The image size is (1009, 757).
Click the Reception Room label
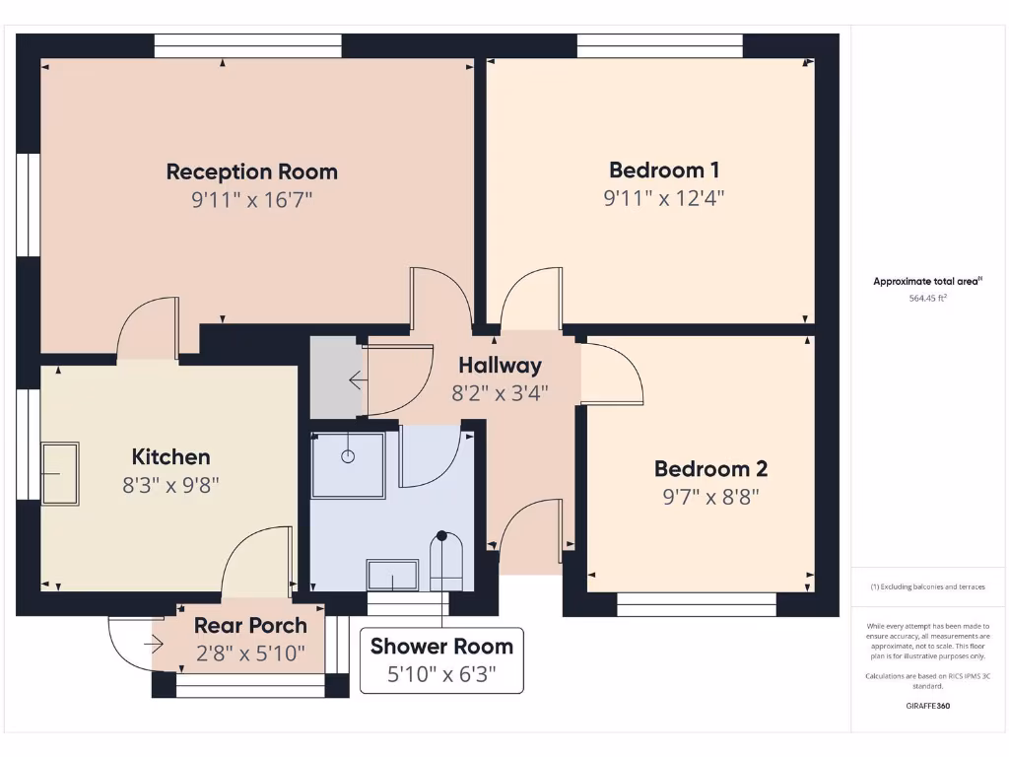click(x=251, y=172)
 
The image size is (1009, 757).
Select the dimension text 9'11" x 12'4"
click(x=663, y=197)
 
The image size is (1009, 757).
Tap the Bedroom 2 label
click(x=710, y=468)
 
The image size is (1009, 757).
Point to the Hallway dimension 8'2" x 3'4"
click(x=500, y=391)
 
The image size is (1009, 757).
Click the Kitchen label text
click(x=170, y=456)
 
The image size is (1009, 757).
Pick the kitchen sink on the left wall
click(x=60, y=474)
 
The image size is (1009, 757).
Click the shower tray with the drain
click(x=348, y=464)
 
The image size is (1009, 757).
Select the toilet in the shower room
click(x=446, y=560)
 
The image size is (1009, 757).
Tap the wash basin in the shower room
click(x=391, y=575)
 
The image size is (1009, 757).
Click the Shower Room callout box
click(x=441, y=660)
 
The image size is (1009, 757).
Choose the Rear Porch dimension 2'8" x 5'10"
click(x=249, y=653)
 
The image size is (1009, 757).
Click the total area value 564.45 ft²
click(x=926, y=298)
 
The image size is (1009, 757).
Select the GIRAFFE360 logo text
click(x=926, y=706)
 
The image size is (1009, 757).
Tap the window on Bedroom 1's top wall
click(x=659, y=46)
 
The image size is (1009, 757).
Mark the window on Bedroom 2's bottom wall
click(x=696, y=603)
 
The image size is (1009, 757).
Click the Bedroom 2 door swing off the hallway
click(x=611, y=373)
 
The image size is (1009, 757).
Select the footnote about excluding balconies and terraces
click(x=926, y=586)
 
